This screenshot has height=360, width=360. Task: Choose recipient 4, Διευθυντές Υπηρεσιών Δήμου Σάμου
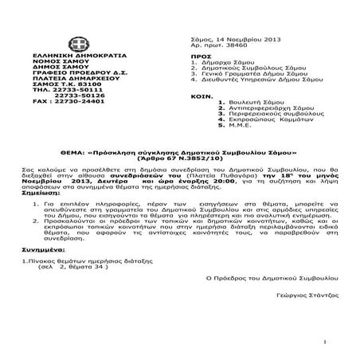tap(256, 82)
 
